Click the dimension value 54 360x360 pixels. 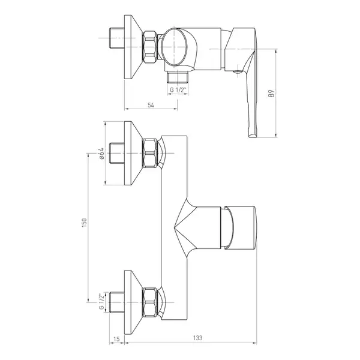click(x=151, y=105)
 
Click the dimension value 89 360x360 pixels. click(x=271, y=94)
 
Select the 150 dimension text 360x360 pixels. click(x=84, y=223)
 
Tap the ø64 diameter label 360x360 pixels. click(x=101, y=154)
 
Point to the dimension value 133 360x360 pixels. click(x=197, y=338)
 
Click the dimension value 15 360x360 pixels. click(x=116, y=339)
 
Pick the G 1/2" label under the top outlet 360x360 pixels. click(x=178, y=90)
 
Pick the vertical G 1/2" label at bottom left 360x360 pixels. click(x=101, y=301)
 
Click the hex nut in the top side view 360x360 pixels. click(x=150, y=47)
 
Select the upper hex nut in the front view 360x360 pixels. click(x=150, y=154)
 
